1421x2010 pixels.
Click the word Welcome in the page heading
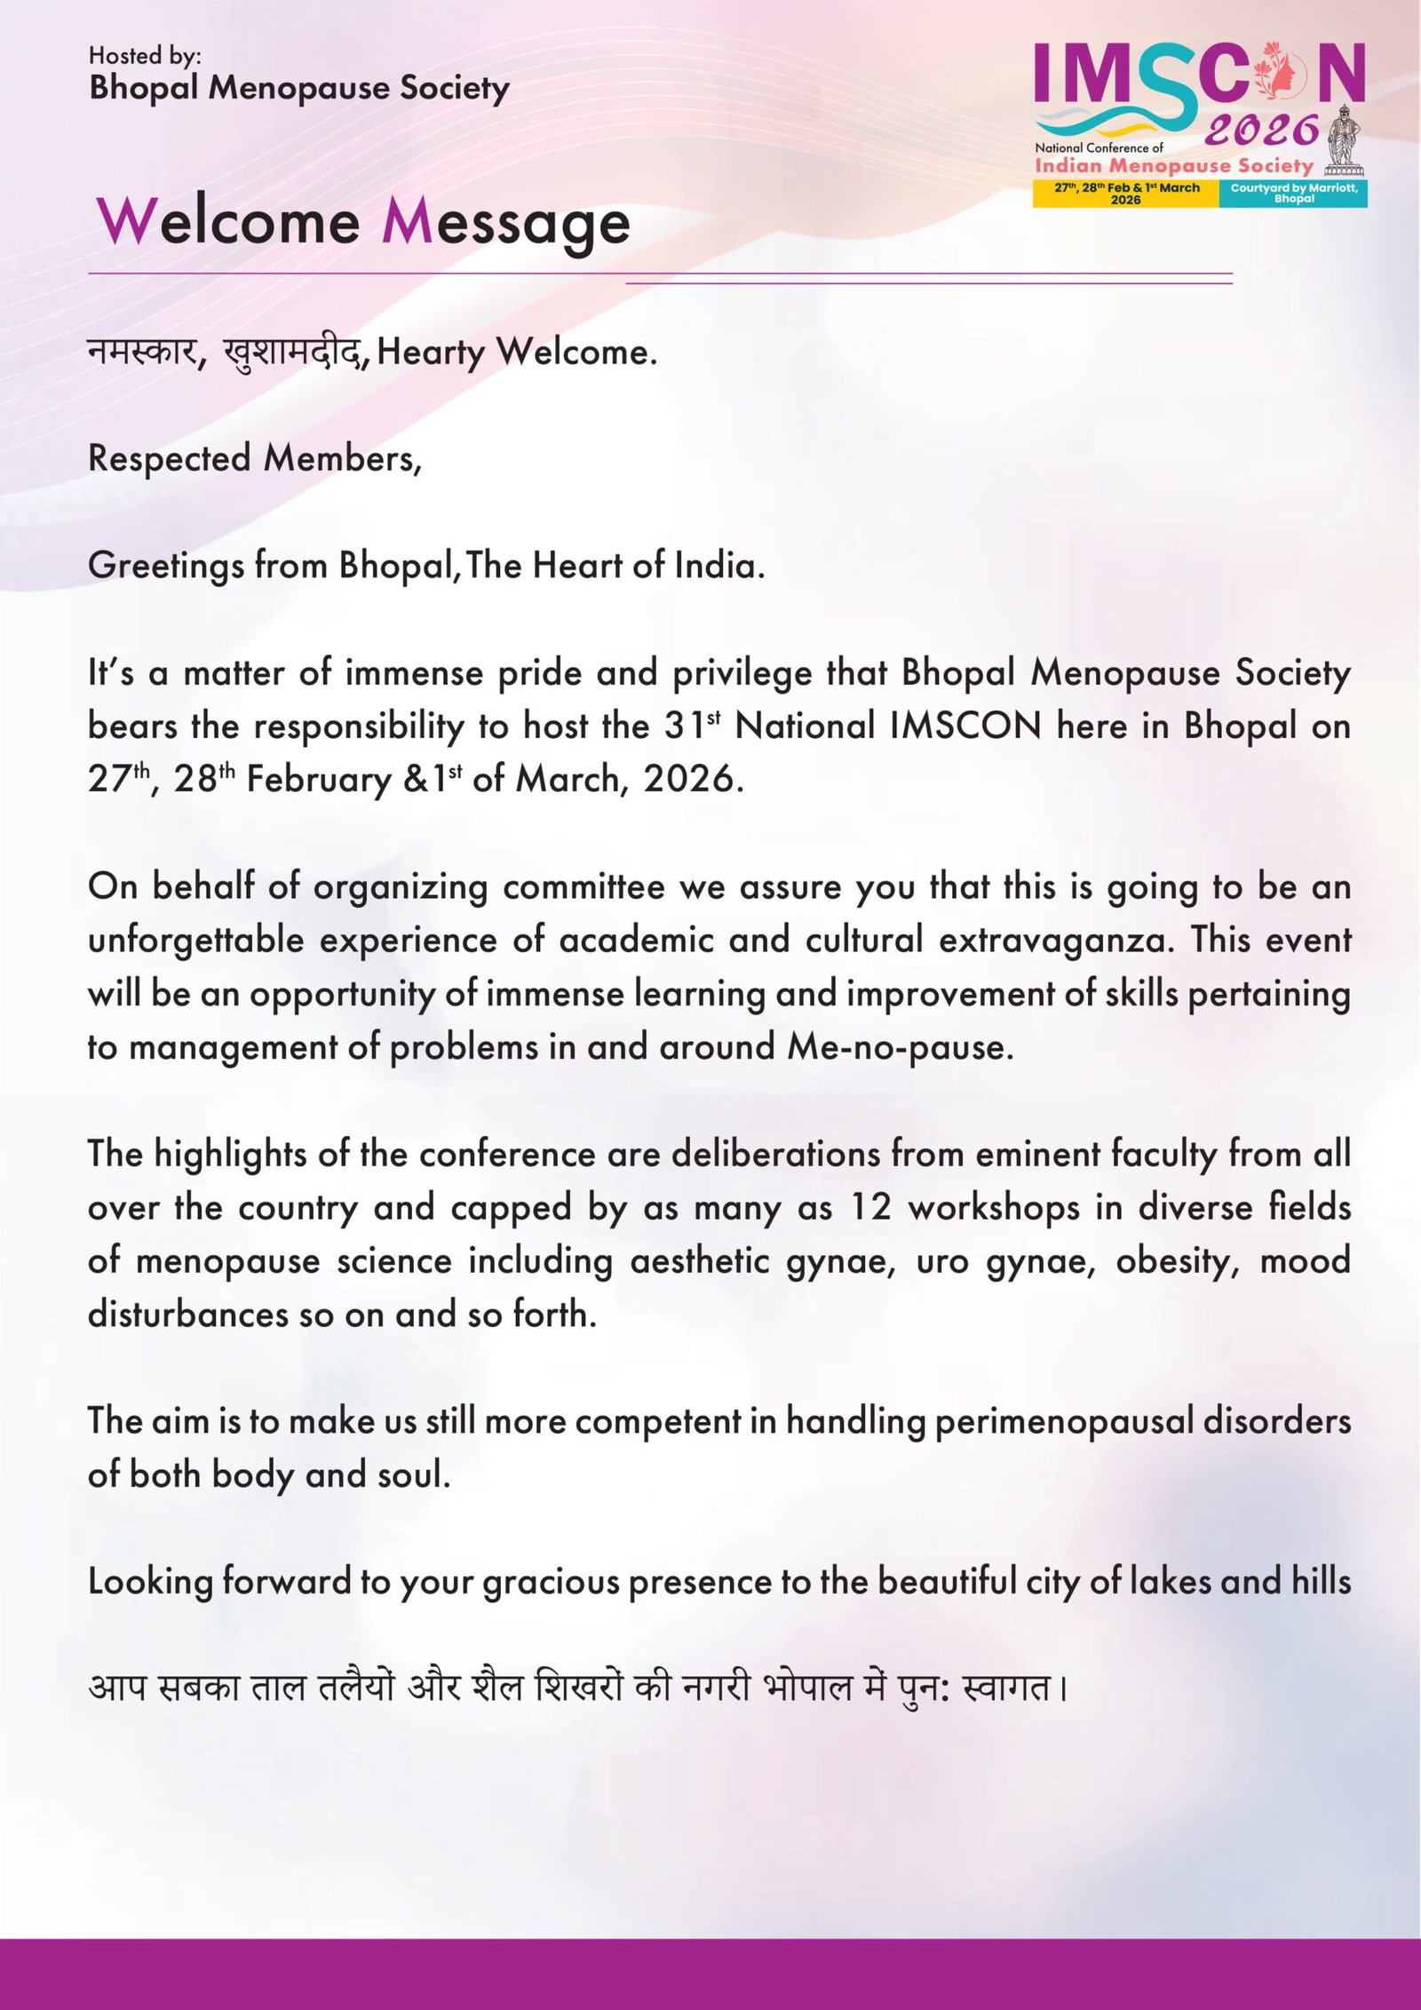tap(228, 221)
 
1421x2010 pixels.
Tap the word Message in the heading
tap(505, 223)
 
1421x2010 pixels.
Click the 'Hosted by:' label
tap(145, 56)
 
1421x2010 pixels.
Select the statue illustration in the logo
tap(1343, 139)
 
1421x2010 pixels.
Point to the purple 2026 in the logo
tap(1261, 131)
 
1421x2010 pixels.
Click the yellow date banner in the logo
tap(1126, 194)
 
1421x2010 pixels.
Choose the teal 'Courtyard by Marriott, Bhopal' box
tap(1293, 194)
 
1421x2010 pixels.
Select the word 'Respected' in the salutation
tap(169, 458)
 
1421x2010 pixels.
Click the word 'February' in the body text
tap(319, 780)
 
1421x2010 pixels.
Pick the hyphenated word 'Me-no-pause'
tap(899, 1047)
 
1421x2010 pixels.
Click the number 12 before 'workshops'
tap(870, 1208)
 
